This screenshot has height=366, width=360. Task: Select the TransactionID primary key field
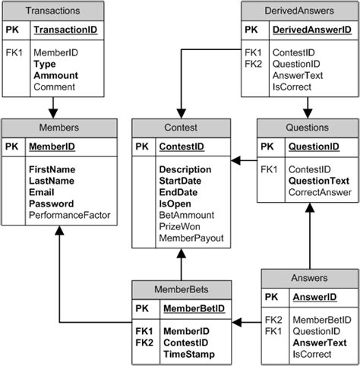66,31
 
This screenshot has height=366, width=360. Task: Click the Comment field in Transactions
53,87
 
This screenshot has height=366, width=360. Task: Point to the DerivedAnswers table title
298,11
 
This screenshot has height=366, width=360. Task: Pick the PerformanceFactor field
70,216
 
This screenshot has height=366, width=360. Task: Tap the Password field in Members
52,204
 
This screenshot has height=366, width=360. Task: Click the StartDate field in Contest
181,181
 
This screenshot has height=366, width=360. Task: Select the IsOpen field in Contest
175,204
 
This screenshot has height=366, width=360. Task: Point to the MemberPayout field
191,238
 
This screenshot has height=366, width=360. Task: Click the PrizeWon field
179,227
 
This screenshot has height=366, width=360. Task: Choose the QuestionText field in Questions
317,181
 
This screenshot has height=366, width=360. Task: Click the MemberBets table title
181,289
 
